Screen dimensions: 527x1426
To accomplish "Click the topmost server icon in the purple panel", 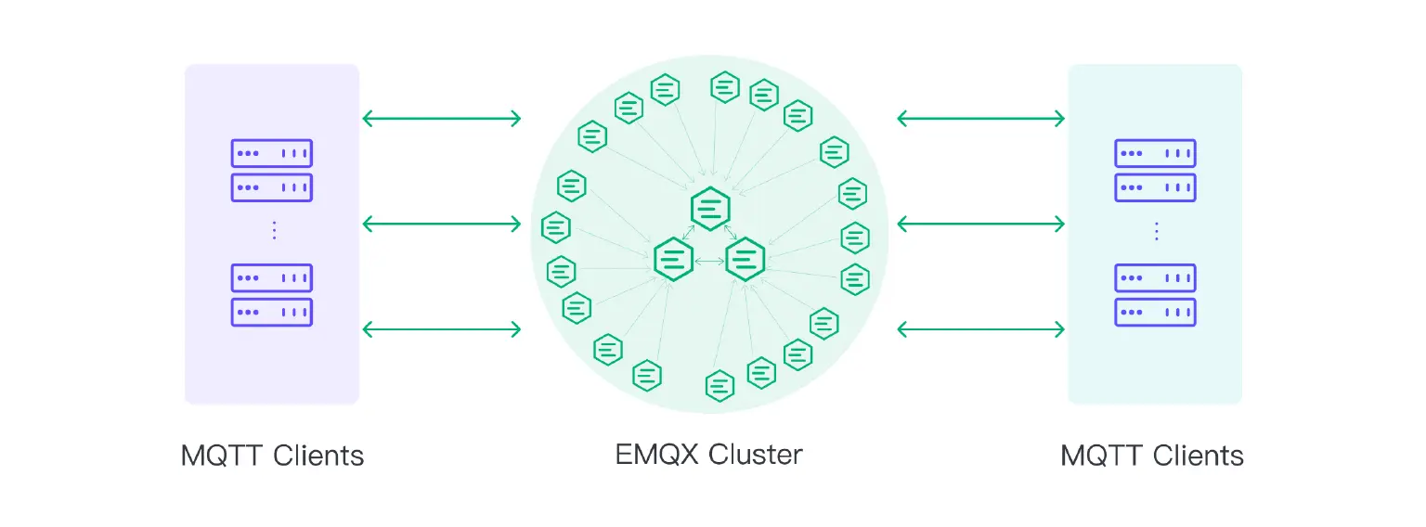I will click(271, 153).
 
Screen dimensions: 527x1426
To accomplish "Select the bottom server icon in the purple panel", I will click(271, 312).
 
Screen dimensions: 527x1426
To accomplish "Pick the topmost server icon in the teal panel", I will click(1155, 153).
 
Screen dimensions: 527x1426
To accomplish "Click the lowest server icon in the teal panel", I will click(1155, 312).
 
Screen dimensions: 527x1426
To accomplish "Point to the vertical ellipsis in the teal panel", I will click(1156, 231).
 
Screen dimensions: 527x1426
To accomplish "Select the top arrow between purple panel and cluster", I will click(442, 118).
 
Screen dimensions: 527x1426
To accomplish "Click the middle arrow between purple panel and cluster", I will click(442, 224).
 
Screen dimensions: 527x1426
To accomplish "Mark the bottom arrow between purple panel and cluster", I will click(442, 328).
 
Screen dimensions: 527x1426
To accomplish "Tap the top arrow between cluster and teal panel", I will click(980, 118).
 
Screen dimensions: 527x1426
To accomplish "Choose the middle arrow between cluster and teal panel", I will click(980, 224).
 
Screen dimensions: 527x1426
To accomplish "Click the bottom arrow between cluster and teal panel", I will click(980, 328).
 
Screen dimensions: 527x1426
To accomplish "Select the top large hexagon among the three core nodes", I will click(710, 208).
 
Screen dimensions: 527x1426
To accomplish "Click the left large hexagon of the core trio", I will click(674, 259).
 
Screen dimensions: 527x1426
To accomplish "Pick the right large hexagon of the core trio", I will click(745, 259).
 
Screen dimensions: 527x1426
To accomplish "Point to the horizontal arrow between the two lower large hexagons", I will click(709, 263).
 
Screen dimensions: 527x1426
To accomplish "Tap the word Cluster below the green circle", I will click(756, 455).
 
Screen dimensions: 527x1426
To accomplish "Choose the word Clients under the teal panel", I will click(1199, 456).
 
